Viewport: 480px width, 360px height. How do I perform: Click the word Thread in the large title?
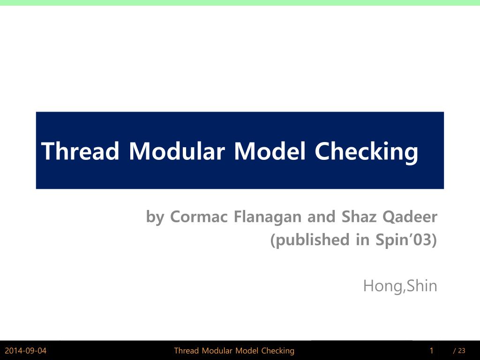point(80,151)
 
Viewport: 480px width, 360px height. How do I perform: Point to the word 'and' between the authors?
point(321,217)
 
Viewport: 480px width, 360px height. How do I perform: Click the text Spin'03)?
point(406,240)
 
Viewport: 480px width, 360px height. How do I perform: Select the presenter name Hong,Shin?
point(400,285)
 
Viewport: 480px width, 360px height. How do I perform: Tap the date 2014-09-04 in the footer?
point(26,351)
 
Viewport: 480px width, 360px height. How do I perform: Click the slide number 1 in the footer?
point(431,351)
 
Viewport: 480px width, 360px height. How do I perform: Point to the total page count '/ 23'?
point(459,351)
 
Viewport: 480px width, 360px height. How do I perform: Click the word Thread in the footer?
point(187,351)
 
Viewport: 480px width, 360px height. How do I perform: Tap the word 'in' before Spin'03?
point(363,240)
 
